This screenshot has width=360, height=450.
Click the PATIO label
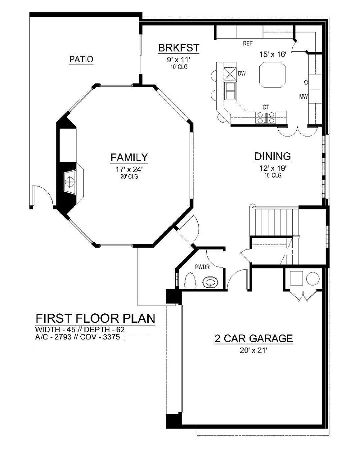tap(81, 59)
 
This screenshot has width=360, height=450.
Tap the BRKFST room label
tap(179, 48)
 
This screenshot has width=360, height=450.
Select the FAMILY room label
tap(129, 157)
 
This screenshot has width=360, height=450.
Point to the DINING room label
tap(273, 156)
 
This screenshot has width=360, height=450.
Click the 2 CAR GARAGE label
tap(254, 338)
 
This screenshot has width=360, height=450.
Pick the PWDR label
tap(202, 267)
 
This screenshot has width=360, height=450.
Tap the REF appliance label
tap(248, 43)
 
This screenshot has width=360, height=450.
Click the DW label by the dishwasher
tap(242, 73)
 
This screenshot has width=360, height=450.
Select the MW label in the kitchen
tap(303, 97)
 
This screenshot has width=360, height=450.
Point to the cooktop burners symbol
tap(266, 117)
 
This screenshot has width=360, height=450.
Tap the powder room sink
tap(210, 283)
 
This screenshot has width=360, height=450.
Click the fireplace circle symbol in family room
tap(70, 182)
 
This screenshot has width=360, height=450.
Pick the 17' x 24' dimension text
tap(129, 169)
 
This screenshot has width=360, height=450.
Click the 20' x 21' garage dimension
tap(254, 350)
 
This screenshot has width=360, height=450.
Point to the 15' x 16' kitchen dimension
tap(273, 55)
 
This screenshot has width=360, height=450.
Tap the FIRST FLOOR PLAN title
tap(95, 318)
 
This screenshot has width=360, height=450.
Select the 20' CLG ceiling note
tap(129, 176)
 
